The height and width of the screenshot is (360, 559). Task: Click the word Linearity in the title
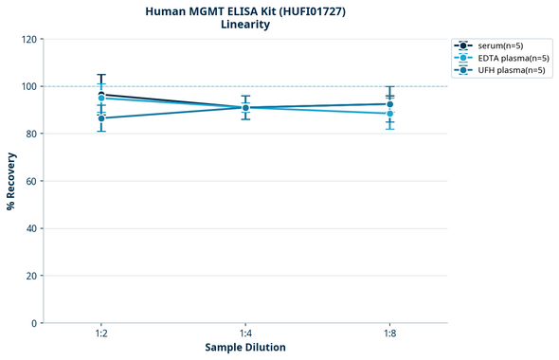[245, 25]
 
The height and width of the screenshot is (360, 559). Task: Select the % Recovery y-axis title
[11, 181]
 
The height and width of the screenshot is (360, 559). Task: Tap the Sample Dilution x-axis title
[245, 348]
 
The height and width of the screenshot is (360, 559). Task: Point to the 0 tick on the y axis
[34, 323]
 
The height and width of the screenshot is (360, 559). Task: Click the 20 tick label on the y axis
[31, 276]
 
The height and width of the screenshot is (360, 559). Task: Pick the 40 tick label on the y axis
[31, 228]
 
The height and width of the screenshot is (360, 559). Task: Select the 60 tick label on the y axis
[31, 181]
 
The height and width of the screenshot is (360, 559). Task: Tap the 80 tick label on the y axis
[31, 134]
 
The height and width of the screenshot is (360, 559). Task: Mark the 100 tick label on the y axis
[28, 86]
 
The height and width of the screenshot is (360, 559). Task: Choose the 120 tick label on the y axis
[28, 39]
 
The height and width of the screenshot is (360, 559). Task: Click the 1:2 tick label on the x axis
[101, 333]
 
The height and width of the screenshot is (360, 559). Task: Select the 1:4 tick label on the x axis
[245, 333]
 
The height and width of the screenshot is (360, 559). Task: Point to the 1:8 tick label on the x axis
[390, 333]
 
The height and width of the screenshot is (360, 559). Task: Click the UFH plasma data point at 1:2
[101, 118]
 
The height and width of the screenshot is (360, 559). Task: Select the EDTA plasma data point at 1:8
[390, 114]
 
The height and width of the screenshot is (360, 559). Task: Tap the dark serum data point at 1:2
[101, 95]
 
